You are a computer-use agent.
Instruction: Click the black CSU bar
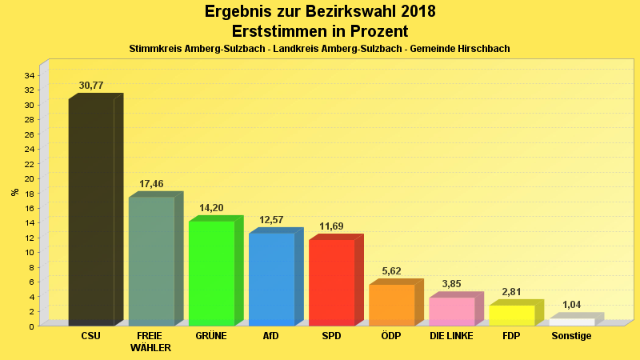91,212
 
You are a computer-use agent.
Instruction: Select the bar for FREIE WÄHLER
151,261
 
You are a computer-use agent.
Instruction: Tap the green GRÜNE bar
211,273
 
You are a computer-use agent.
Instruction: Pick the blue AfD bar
271,279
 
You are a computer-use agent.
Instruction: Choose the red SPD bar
331,282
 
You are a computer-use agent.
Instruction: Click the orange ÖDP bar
391,305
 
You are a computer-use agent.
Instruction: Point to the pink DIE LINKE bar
451,311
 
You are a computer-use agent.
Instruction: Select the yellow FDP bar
511,315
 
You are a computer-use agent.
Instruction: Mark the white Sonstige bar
571,322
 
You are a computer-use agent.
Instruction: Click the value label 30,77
91,86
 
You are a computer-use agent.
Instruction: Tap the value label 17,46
151,184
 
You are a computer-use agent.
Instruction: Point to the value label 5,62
391,271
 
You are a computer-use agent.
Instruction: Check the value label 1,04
571,305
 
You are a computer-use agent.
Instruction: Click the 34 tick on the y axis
29,75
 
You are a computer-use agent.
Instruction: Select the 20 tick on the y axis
29,178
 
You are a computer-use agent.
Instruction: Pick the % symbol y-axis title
14,192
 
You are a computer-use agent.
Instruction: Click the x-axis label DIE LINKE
451,336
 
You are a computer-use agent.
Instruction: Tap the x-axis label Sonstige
571,336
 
